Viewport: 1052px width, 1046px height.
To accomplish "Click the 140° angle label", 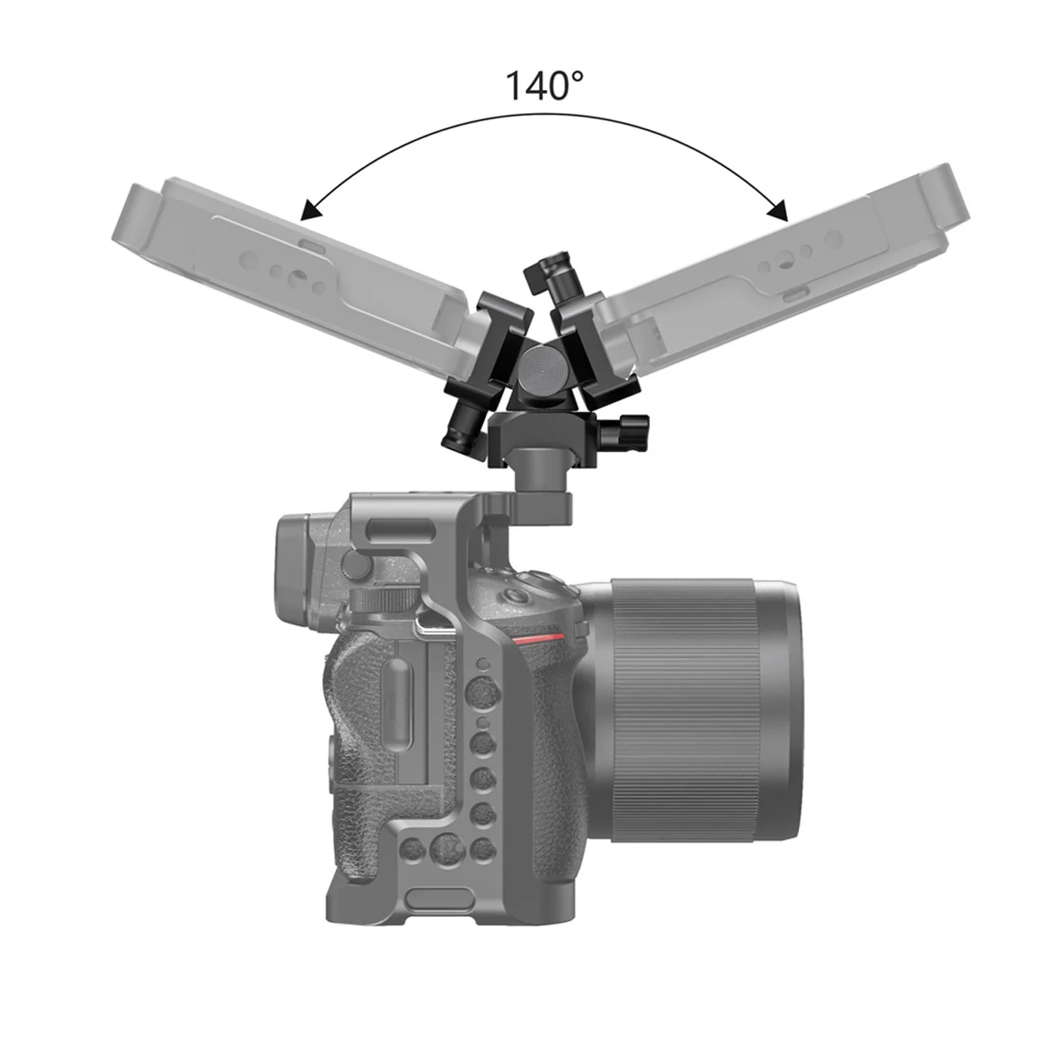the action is pos(544,85).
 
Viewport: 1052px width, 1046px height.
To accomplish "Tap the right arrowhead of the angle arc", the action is pos(777,211).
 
